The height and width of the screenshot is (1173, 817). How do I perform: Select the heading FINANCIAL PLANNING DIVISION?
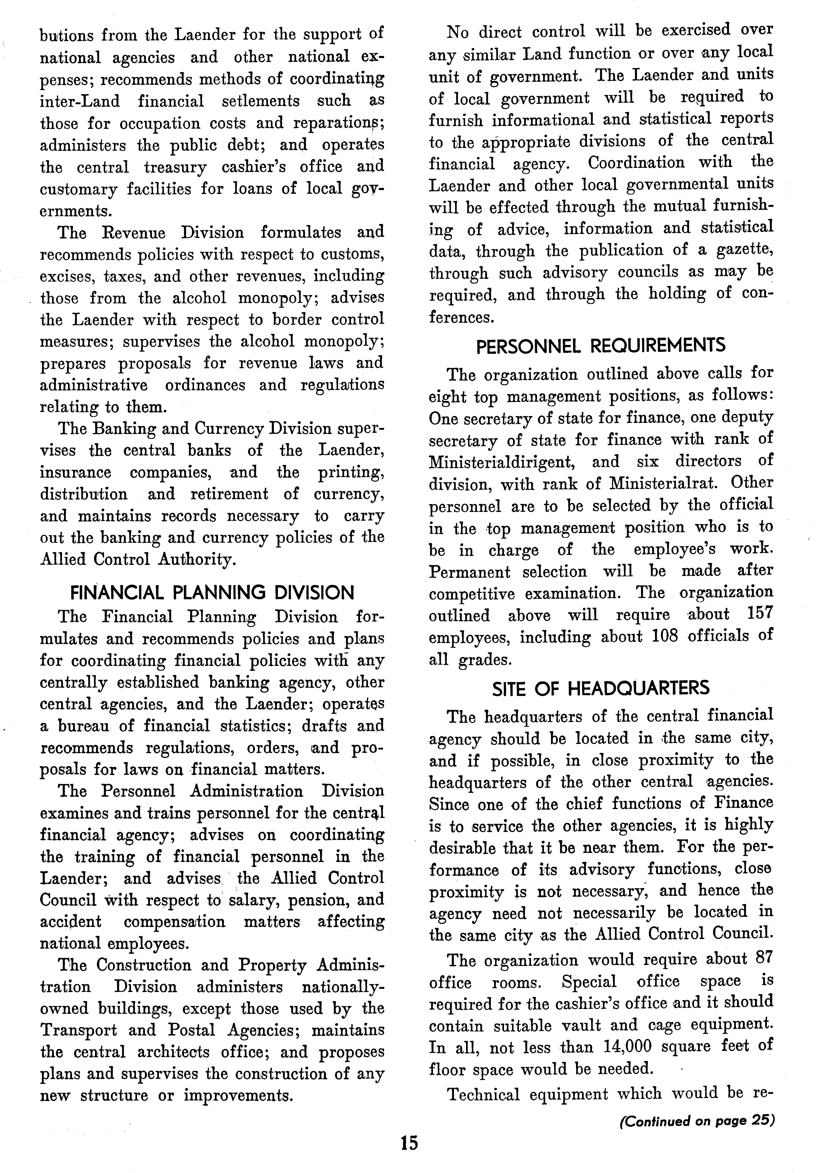(212, 593)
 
